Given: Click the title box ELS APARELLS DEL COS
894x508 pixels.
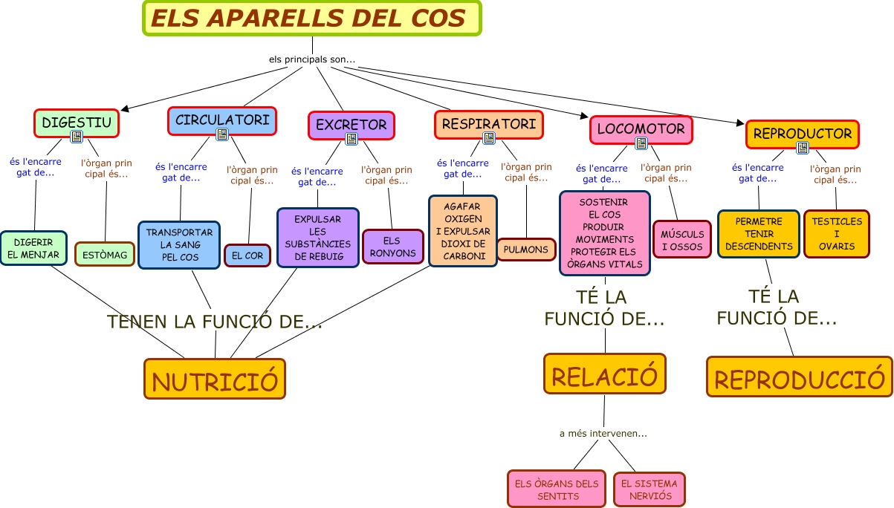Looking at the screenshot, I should [x=312, y=19].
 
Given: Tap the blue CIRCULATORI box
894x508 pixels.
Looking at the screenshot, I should [x=222, y=120].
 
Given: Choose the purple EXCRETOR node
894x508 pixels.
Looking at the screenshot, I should [x=351, y=124].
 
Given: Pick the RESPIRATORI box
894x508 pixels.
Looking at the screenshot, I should [x=488, y=123].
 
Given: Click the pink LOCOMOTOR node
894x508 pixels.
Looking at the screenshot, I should [x=641, y=128].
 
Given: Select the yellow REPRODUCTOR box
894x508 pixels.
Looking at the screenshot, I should [x=802, y=134].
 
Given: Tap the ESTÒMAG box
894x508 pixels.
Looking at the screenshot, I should [x=105, y=255].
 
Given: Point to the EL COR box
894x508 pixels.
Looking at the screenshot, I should [x=247, y=255].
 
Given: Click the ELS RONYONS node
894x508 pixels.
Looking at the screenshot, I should [x=392, y=247].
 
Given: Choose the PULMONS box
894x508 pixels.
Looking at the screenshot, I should [x=526, y=250].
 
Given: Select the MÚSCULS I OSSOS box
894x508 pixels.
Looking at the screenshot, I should [x=682, y=240].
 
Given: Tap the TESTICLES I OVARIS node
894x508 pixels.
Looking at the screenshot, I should [x=836, y=233].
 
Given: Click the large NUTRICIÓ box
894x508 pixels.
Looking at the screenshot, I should [x=215, y=380].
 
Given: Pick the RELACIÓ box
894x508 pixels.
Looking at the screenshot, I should [x=604, y=374].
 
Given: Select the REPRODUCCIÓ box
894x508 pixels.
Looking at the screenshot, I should [x=799, y=377].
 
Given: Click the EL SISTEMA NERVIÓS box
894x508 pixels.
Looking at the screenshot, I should [x=650, y=489].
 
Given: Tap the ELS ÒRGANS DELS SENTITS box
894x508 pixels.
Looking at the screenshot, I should [x=557, y=489].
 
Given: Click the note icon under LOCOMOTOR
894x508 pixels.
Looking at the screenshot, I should [x=641, y=144].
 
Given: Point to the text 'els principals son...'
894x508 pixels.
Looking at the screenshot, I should [x=312, y=59].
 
